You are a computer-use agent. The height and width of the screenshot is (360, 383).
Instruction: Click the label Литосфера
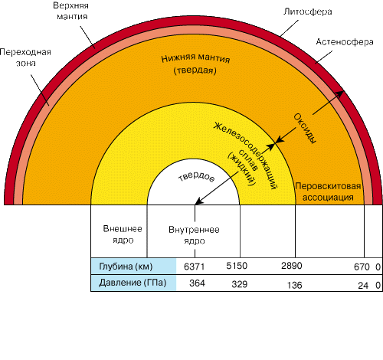308,11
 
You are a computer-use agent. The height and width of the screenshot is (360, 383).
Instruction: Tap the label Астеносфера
345,41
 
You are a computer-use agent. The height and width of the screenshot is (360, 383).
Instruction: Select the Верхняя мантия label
70,11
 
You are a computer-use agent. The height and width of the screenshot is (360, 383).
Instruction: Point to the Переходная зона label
25,57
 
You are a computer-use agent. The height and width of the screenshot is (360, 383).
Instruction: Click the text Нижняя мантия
195,58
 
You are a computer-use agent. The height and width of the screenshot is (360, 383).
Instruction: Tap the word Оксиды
305,129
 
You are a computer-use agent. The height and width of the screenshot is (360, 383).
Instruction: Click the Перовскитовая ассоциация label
328,191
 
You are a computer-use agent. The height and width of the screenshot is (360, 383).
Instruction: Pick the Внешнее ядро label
123,234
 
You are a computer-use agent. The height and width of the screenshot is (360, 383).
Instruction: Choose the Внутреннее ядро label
194,235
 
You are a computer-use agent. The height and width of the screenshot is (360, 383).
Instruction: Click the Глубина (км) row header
126,267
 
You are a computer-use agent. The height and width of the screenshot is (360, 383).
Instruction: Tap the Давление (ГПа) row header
133,283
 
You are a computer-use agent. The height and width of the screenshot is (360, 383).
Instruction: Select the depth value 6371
194,267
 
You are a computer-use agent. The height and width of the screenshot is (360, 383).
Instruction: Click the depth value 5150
237,266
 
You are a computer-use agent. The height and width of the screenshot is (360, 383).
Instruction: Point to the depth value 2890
292,266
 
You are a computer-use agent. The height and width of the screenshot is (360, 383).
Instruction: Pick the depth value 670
362,267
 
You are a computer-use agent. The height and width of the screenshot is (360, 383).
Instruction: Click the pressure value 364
197,283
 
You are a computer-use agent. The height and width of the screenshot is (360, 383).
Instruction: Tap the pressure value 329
240,284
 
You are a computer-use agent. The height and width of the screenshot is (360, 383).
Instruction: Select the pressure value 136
295,285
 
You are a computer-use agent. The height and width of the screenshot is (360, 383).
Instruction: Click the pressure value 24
363,285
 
